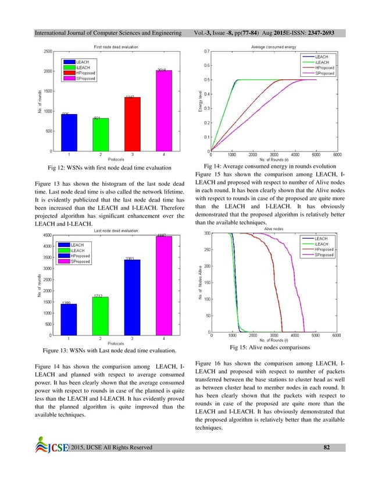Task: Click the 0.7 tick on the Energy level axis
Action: coord(205,52)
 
